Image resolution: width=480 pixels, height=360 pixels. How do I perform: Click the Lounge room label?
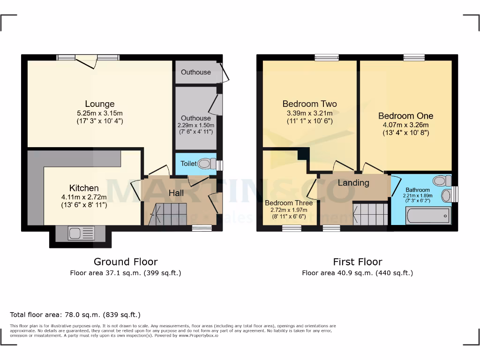click(x=99, y=104)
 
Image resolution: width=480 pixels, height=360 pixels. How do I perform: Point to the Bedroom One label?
click(x=405, y=116)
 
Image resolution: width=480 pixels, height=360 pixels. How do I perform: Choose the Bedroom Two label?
click(x=309, y=104)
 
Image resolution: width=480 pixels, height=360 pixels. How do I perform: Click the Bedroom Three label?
click(x=289, y=203)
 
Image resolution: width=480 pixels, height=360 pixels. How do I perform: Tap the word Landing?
click(x=353, y=183)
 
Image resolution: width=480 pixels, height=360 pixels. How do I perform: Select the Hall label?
click(x=176, y=193)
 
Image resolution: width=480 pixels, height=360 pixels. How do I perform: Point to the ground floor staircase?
click(x=168, y=214)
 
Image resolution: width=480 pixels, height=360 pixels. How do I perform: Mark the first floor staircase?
click(x=370, y=214)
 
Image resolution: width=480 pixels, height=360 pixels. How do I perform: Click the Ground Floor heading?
click(x=126, y=262)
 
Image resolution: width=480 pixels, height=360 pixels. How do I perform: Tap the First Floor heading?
click(x=358, y=262)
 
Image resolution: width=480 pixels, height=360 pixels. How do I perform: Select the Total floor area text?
click(x=75, y=315)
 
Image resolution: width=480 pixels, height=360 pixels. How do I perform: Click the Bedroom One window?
click(x=414, y=58)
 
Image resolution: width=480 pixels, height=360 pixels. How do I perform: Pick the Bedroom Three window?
click(x=292, y=228)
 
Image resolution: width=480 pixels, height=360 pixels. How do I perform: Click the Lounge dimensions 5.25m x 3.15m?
click(x=99, y=113)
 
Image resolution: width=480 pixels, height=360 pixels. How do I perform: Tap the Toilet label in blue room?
click(x=188, y=164)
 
